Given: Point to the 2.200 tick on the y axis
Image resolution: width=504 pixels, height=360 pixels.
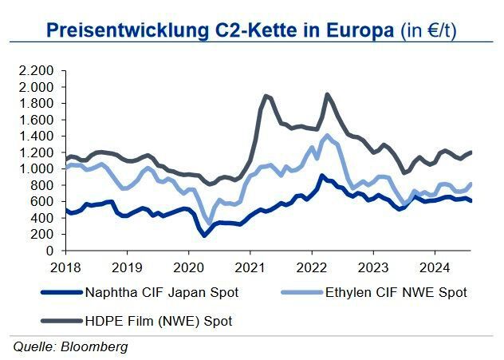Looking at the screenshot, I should coord(37,70).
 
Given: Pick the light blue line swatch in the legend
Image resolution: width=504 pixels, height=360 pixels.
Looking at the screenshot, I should coord(298,292).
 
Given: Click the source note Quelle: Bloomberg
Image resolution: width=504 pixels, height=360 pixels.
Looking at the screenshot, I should coord(69,346).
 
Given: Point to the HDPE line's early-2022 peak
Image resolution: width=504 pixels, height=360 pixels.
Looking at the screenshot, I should coord(327,94).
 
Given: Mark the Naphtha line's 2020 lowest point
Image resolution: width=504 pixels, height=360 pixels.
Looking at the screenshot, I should coord(204,235).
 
